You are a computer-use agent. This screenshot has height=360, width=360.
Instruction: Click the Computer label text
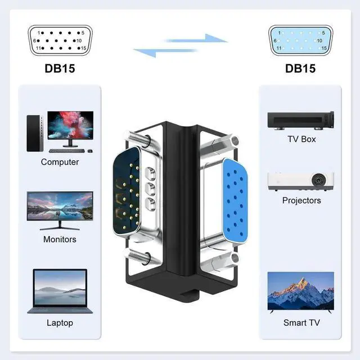(x=60, y=162)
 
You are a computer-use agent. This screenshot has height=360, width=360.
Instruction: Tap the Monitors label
(x=60, y=239)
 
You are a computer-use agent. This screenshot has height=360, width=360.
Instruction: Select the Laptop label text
(x=60, y=323)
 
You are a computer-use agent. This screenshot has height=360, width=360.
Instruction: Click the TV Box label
(x=301, y=139)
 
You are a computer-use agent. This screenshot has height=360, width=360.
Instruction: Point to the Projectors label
(x=301, y=200)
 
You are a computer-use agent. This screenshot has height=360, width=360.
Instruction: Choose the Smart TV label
(x=301, y=323)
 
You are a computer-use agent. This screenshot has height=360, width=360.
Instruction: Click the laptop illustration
(x=60, y=291)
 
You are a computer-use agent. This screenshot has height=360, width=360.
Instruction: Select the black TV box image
(x=300, y=120)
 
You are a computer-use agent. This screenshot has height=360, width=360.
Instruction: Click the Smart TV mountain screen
(x=300, y=291)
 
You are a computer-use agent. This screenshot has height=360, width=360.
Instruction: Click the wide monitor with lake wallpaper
(x=60, y=208)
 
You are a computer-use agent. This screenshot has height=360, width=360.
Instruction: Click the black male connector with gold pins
(x=125, y=193)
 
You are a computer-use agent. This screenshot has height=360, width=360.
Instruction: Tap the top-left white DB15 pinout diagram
(x=59, y=40)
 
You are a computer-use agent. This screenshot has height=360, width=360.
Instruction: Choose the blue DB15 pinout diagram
(x=300, y=40)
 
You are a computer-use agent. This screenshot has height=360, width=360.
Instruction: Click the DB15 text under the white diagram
(x=60, y=69)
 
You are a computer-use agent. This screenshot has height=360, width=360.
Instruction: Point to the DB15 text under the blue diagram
(x=300, y=69)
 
